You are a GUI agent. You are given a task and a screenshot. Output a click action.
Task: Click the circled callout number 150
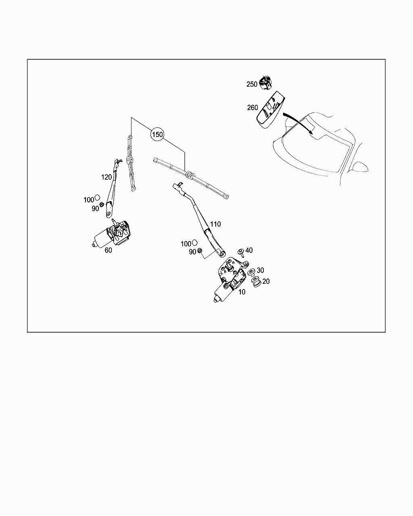[157, 134]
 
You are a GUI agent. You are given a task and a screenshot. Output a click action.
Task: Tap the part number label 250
[252, 84]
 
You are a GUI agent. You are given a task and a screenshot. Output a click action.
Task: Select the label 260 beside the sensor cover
[252, 107]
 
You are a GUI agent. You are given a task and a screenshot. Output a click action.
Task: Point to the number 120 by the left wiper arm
[106, 177]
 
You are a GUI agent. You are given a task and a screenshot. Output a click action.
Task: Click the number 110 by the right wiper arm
[215, 224]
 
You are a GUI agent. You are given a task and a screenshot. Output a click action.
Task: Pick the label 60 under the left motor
[108, 250]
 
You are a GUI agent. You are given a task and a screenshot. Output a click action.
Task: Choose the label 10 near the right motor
[242, 292]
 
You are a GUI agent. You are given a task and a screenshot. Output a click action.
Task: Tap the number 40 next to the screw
[249, 250]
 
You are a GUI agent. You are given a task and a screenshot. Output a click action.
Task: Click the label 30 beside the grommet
[260, 270]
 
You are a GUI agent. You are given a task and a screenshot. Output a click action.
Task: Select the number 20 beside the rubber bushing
[266, 281]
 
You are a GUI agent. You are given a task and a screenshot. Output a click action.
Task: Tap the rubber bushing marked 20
[256, 283]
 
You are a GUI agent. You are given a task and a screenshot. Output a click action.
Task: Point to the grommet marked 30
[251, 273]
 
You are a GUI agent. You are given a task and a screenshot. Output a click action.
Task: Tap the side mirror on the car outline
[360, 167]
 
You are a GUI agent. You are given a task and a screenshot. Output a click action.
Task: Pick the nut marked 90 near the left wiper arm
[101, 204]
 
